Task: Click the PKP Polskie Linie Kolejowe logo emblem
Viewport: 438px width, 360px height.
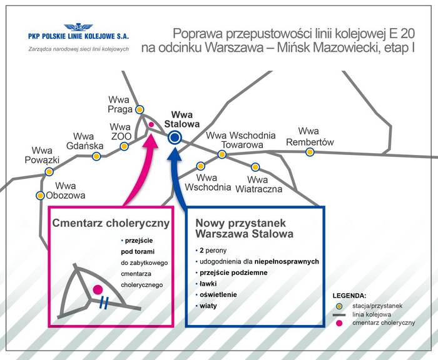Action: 78,27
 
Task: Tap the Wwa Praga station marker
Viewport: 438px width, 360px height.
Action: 140,109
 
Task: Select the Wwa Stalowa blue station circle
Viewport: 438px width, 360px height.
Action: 175,137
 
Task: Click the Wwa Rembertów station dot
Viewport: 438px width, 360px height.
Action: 310,152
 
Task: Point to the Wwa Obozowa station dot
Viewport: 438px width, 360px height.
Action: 41,195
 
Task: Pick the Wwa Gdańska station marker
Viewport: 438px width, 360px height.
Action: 96,156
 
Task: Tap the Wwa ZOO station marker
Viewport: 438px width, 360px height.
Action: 125,146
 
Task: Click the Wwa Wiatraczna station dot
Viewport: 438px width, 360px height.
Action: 255,167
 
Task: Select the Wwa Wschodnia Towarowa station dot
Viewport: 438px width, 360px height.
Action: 222,154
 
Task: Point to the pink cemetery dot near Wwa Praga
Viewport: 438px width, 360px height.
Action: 151,124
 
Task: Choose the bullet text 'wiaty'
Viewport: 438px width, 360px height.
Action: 208,306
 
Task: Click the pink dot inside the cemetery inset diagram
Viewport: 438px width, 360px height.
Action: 98,289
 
